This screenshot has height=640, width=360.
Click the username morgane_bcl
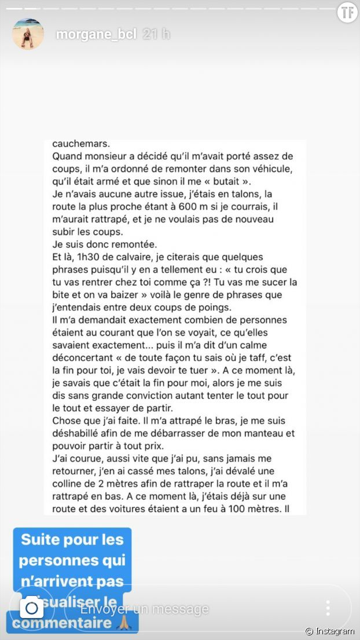pos(96,34)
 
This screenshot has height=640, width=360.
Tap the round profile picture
pos(28,33)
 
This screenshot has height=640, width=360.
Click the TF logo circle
pos(346,13)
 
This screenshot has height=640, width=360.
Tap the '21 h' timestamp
pos(156,34)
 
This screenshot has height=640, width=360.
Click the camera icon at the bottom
pos(32,608)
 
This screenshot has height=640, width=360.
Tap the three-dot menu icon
pos(328,608)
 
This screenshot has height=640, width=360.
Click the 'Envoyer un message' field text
pos(144,609)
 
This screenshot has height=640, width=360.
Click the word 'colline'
pos(68,484)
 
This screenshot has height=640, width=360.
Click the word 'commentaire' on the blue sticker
pos(61,623)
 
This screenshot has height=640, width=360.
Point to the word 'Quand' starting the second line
pos(67,156)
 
